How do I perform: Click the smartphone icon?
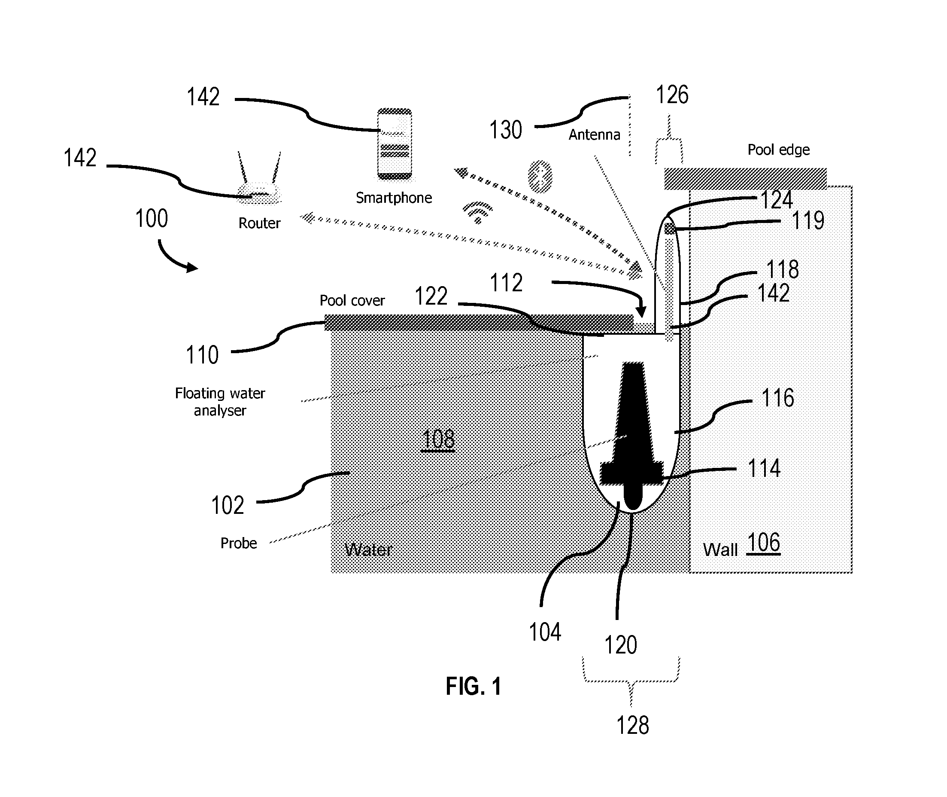coord(395,144)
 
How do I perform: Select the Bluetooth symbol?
coord(540,176)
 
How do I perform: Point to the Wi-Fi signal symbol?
coord(477,212)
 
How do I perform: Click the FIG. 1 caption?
coord(473,686)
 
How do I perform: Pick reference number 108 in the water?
coord(438,440)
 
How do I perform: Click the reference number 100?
coord(152,219)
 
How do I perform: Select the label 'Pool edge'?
coord(779,150)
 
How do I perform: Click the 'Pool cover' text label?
coord(352,300)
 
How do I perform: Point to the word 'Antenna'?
coord(595,134)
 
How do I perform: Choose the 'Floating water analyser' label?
coord(220,402)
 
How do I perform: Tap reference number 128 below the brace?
coord(633,726)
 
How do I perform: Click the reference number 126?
coord(672,95)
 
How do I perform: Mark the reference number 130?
coord(506,130)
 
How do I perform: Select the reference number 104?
coord(545,632)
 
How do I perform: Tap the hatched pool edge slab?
coord(745,178)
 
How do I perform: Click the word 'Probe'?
coord(239,543)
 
